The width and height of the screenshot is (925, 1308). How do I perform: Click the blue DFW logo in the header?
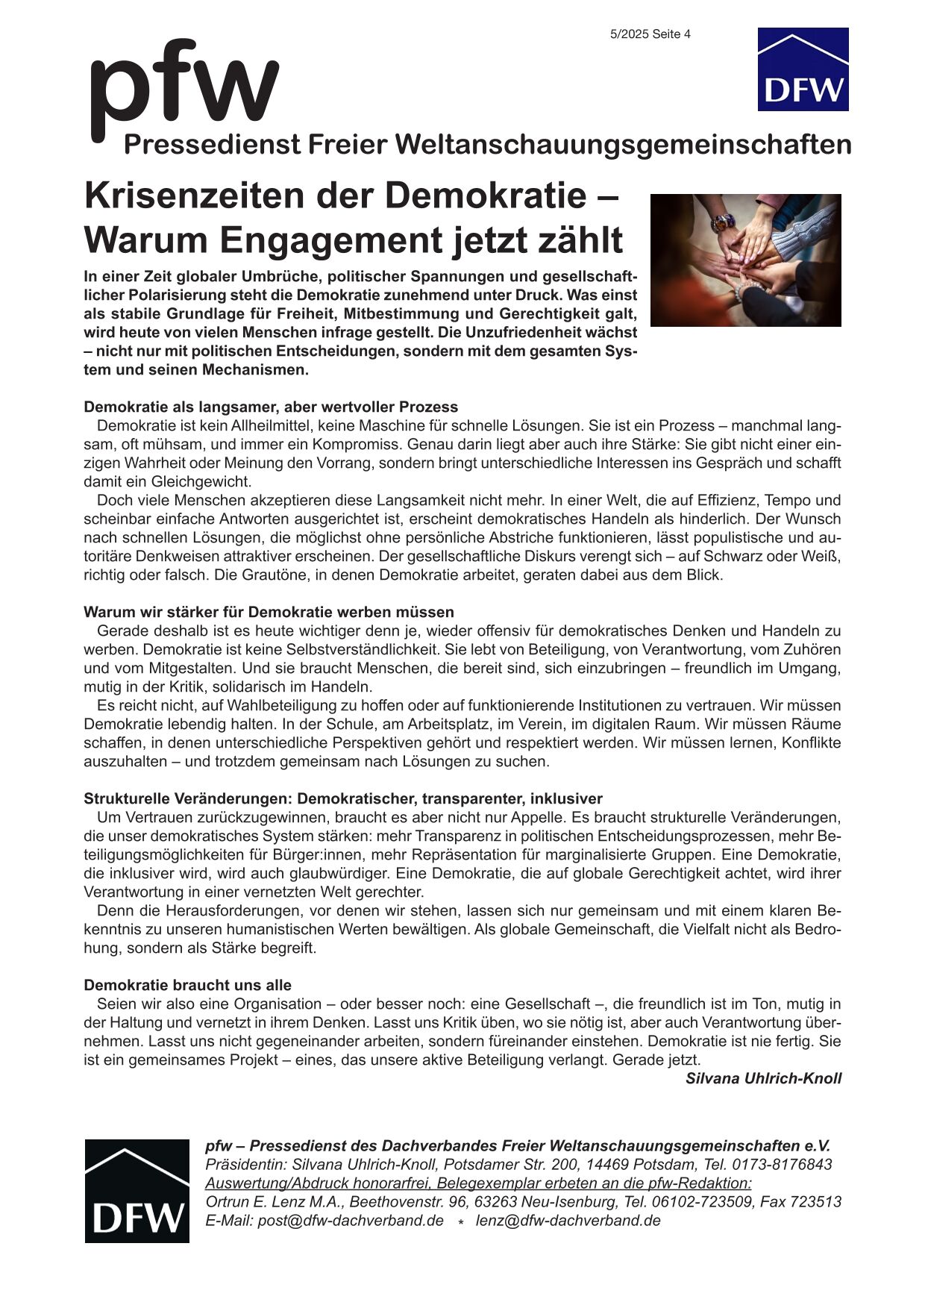(803, 69)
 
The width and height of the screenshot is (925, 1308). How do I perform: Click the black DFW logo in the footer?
(137, 1191)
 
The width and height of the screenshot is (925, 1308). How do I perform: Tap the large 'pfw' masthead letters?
(184, 86)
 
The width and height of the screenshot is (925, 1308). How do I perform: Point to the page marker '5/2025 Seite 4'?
(650, 34)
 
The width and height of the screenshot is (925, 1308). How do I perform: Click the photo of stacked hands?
(745, 260)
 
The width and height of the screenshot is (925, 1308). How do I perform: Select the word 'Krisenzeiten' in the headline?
(193, 196)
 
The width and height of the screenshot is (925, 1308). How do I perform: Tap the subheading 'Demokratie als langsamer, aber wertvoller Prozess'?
(270, 407)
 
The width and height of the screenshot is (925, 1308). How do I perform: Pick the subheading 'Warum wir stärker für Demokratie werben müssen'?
(269, 612)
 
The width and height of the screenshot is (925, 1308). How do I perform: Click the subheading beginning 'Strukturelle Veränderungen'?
(342, 798)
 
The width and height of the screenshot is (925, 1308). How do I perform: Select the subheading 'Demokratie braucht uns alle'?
(187, 985)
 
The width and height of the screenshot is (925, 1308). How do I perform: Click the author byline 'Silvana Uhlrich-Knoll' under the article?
(763, 1078)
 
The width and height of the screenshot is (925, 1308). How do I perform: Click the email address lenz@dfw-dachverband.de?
(568, 1221)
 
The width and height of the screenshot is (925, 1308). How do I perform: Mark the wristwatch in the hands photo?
(722, 222)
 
